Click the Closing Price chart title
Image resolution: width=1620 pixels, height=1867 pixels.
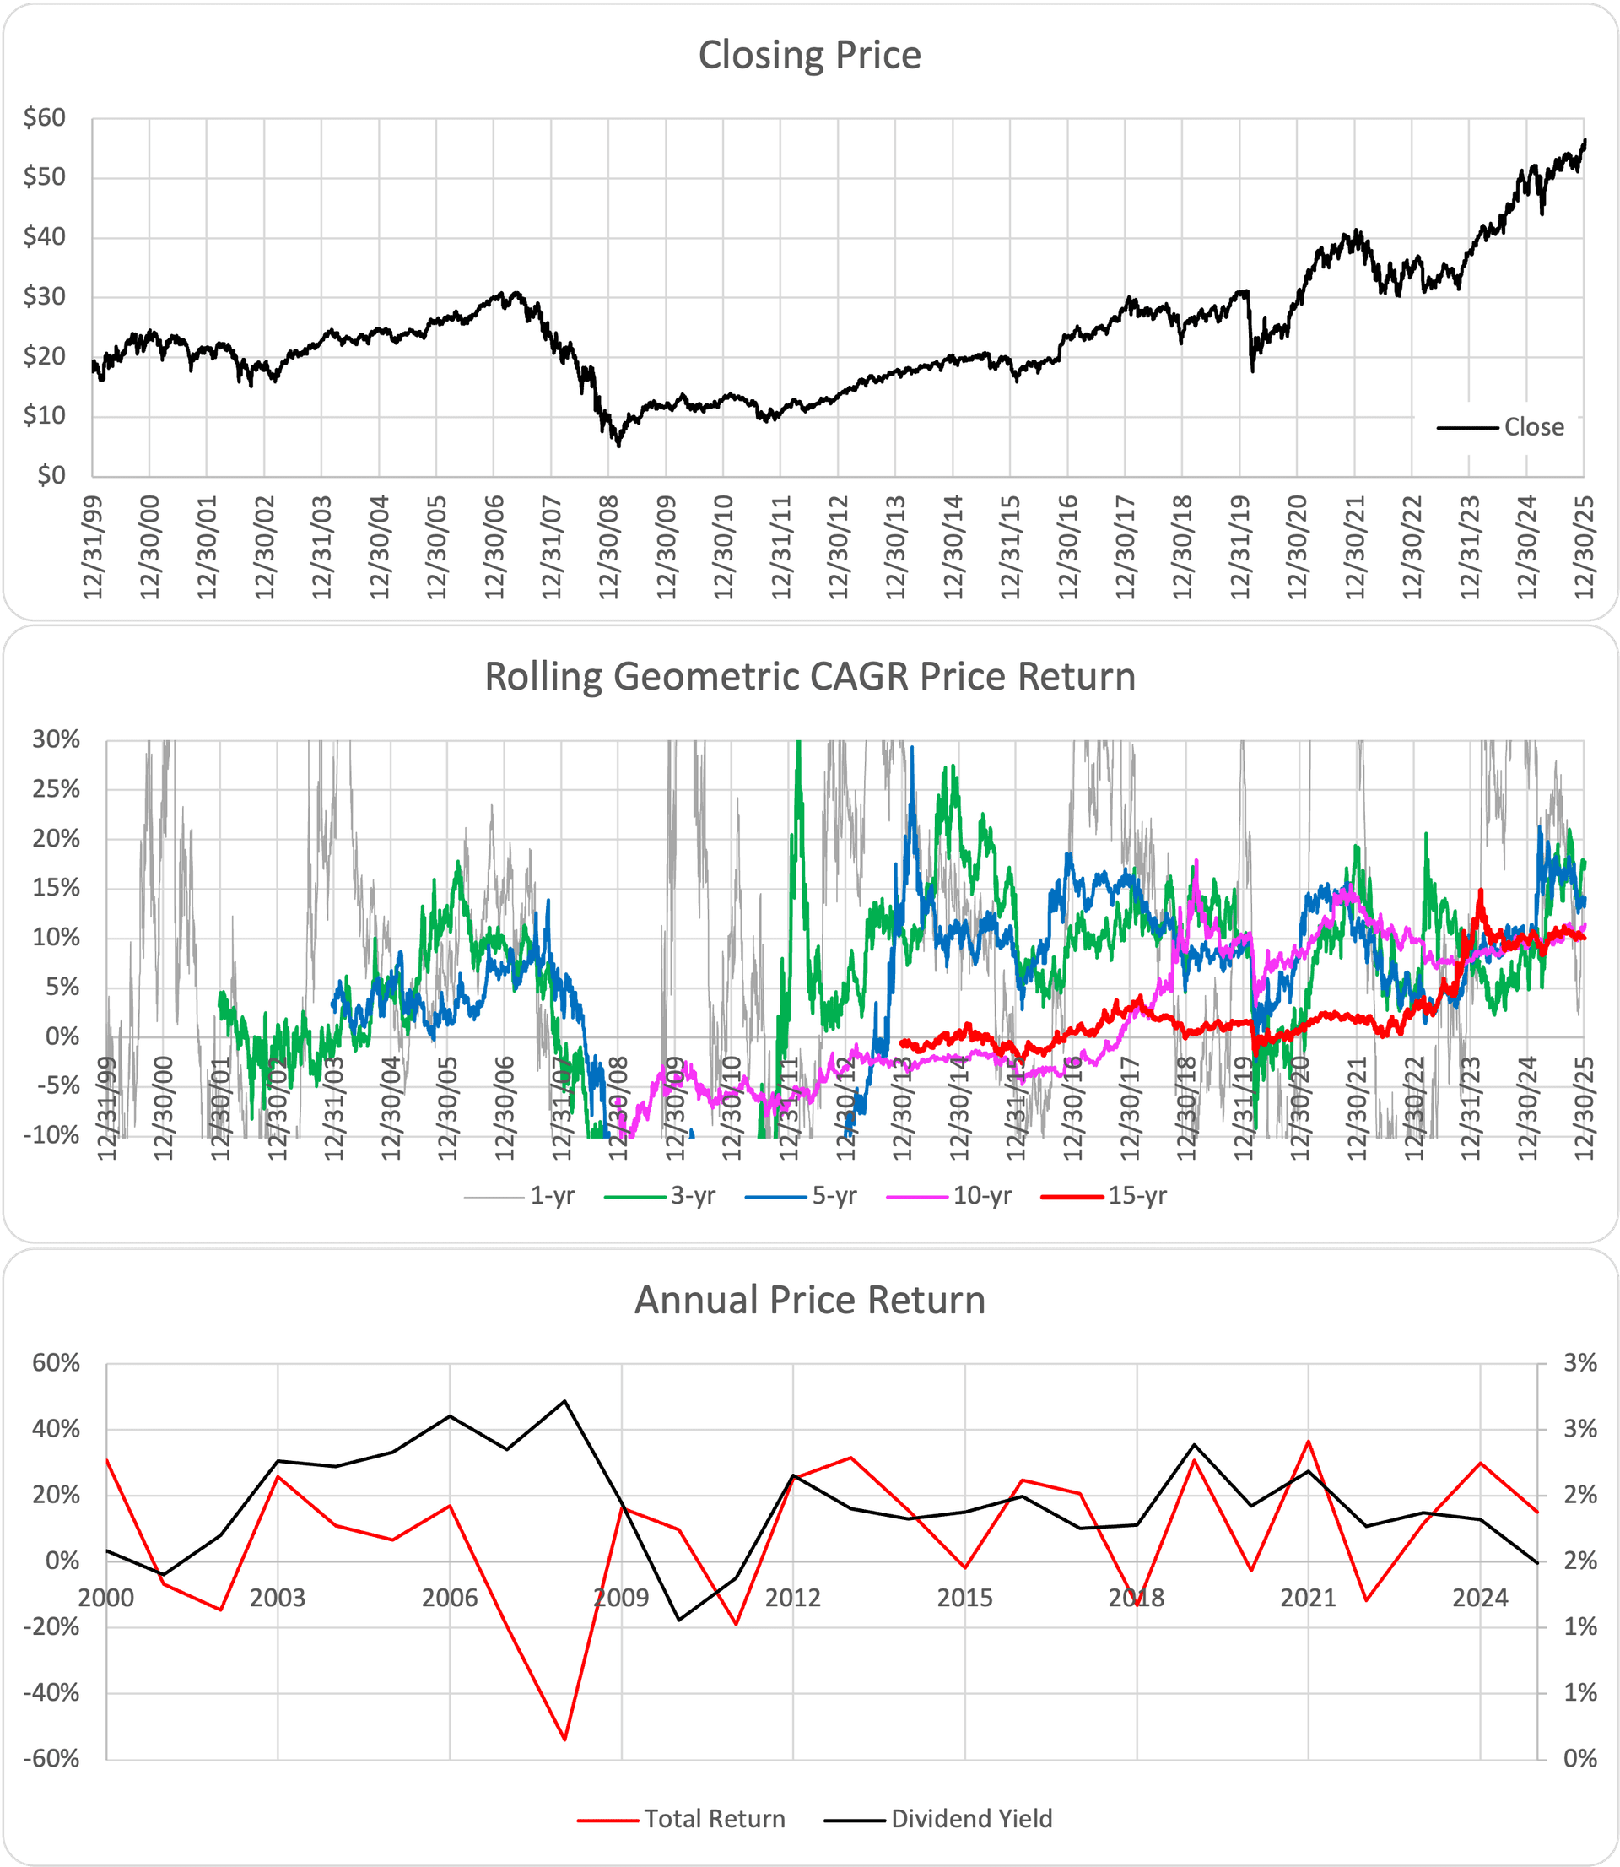click(x=809, y=55)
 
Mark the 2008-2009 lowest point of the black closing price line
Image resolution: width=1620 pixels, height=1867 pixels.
click(x=619, y=446)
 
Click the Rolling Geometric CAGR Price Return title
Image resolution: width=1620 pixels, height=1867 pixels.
click(x=809, y=677)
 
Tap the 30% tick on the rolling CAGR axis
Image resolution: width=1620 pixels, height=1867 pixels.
click(x=56, y=739)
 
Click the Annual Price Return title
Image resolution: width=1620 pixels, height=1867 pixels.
click(x=809, y=1300)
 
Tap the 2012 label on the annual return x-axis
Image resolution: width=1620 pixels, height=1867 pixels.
click(x=793, y=1599)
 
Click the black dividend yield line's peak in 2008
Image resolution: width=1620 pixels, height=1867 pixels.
click(x=565, y=1401)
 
